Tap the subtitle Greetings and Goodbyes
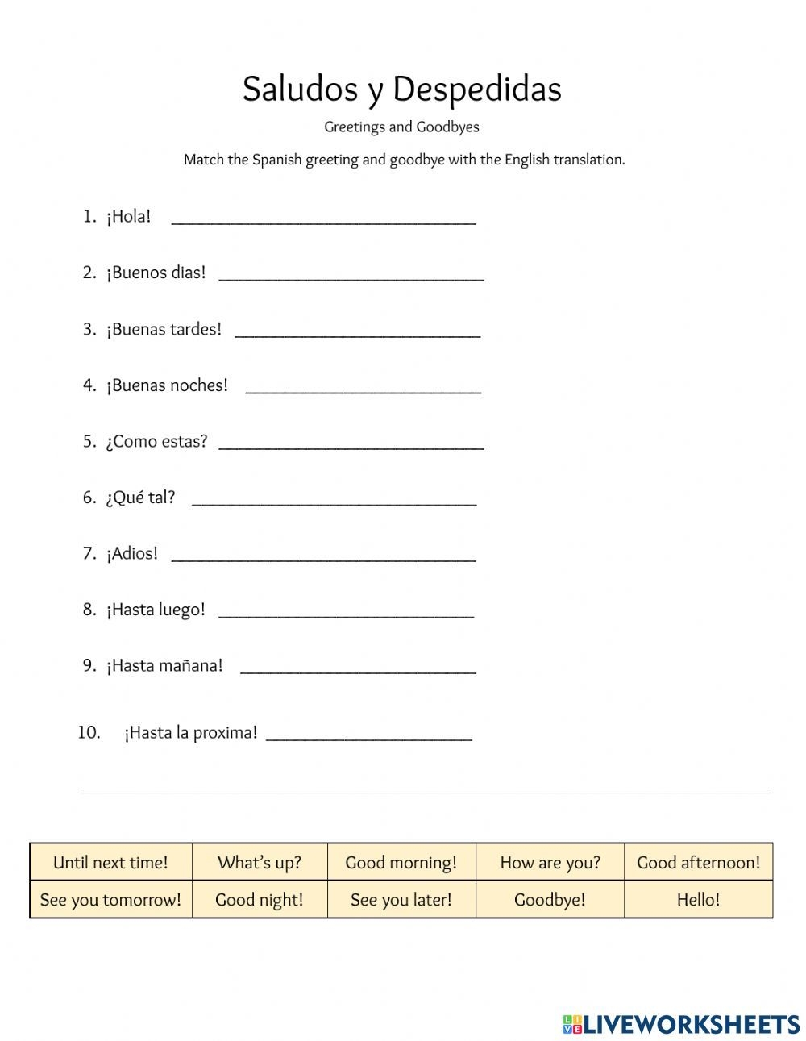pos(401,127)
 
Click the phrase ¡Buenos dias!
pos(156,273)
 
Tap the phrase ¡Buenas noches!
pos(167,385)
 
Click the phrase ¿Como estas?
pos(156,441)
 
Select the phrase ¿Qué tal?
pos(140,498)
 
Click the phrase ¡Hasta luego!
pos(156,610)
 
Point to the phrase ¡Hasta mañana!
pos(164,666)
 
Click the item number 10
pos(89,732)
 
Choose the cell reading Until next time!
pos(110,862)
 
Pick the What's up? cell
pos(260,862)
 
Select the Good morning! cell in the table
pos(401,862)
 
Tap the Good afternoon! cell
pos(698,862)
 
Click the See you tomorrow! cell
pos(110,899)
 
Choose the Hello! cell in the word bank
pos(698,899)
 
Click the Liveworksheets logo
pos(681,1024)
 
